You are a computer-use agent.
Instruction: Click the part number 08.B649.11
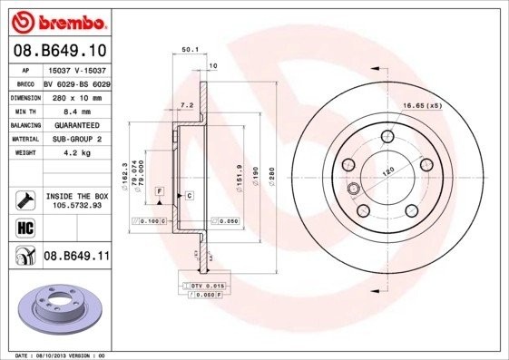(x=76, y=257)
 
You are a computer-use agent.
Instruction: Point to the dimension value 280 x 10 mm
(x=76, y=95)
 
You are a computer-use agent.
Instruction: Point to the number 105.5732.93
(x=76, y=205)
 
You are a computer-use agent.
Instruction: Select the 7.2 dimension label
(x=187, y=106)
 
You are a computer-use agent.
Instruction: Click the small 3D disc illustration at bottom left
(x=57, y=306)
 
